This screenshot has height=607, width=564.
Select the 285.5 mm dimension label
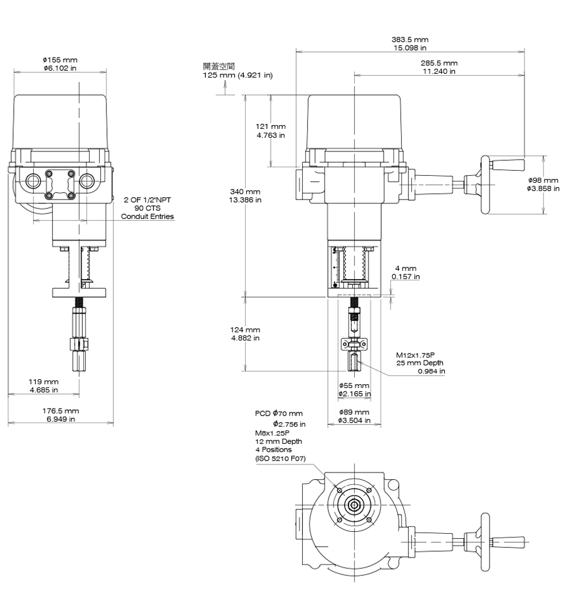[439, 63]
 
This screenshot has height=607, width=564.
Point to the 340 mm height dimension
[244, 191]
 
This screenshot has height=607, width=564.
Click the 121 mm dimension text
[273, 127]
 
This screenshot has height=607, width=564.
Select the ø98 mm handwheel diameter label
[543, 180]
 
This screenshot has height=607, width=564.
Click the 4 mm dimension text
[405, 268]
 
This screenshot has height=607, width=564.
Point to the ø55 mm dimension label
[354, 385]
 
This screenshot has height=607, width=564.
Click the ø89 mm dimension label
[354, 412]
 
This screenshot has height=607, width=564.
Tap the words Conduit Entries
[147, 217]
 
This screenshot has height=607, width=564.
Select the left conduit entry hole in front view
[33, 182]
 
